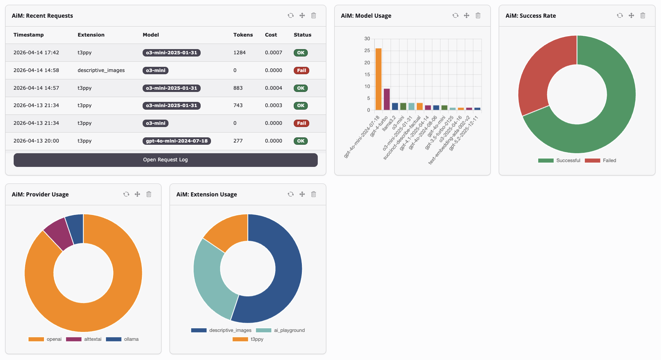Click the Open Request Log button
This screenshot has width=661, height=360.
coord(166,160)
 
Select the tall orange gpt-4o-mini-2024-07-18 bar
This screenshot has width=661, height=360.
coord(378,79)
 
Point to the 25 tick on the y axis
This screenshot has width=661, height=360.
coord(367,51)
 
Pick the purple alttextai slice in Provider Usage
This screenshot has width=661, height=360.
coord(59,233)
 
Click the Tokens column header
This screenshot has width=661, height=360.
coord(243,35)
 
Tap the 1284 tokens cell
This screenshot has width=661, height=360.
coord(239,53)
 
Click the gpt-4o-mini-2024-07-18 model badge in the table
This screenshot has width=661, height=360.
coord(177,141)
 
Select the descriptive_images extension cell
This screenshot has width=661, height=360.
coord(101,71)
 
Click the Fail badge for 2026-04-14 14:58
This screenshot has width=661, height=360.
coord(301,71)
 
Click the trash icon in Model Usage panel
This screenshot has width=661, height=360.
coord(478,16)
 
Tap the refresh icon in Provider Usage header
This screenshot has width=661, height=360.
coord(126,194)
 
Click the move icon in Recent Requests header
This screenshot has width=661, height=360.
coord(302,16)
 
